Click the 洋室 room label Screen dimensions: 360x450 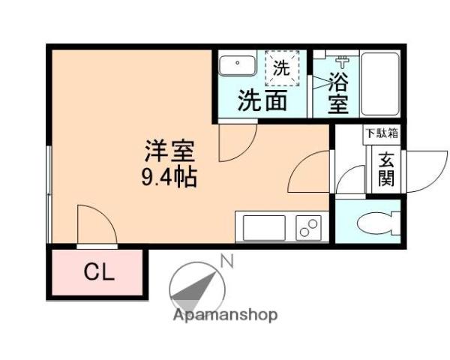pos(169,152)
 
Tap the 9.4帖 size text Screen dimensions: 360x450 pos(169,178)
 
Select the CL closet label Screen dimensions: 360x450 pos(98,272)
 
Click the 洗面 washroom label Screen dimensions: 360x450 pos(262,101)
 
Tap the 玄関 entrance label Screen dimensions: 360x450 pos(386,169)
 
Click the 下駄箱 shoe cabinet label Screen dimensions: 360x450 pos(382,134)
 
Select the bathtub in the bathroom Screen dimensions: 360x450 pos(380,82)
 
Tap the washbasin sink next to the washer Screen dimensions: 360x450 pos(237,66)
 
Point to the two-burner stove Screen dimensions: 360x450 pos(307,226)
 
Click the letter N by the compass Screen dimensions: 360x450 pos(226,262)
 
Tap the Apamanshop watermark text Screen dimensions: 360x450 pos(225,315)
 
